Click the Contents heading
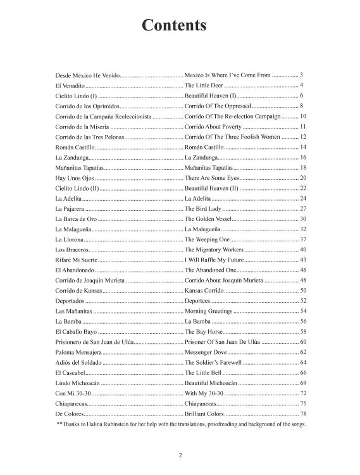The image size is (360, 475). coord(174,25)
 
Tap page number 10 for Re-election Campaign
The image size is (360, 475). coord(302,116)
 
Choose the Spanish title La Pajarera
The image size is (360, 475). coord(70,208)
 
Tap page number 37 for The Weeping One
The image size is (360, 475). coord(302,239)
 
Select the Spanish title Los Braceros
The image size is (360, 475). coord(72,250)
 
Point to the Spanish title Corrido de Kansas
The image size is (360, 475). coord(78,291)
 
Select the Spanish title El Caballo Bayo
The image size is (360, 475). coord(77,331)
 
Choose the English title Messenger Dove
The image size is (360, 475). coord(206,352)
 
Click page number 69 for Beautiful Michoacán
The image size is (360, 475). coord(302,383)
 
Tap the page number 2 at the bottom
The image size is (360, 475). coord(180,455)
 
